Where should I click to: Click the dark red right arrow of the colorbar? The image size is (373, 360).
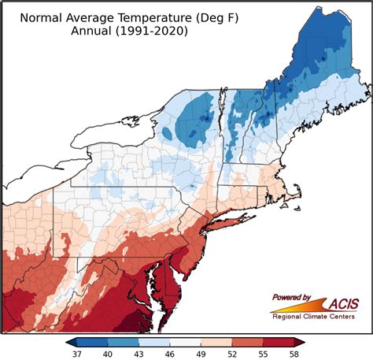click(x=299, y=342)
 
